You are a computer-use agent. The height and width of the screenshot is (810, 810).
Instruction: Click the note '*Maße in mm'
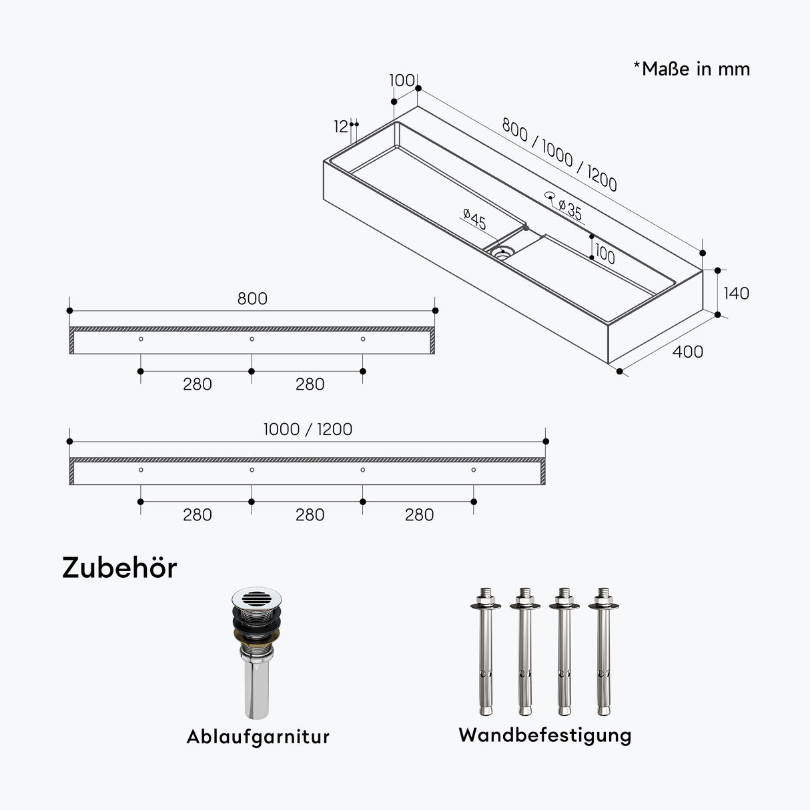[692, 69]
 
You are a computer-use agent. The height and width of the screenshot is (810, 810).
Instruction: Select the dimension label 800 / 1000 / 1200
[559, 155]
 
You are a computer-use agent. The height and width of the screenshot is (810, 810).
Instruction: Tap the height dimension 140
[736, 293]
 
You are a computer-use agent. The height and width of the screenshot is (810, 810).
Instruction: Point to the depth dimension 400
[687, 352]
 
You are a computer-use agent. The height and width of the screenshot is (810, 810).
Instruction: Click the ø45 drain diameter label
[474, 219]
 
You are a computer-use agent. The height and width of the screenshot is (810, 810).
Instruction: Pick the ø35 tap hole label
[570, 210]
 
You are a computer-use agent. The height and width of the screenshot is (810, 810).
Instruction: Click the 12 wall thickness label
[341, 126]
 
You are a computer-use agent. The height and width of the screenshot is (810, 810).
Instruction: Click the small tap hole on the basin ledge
[550, 195]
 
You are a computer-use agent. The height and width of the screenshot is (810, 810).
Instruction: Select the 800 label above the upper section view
[252, 298]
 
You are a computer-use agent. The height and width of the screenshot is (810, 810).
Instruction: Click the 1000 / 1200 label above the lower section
[308, 429]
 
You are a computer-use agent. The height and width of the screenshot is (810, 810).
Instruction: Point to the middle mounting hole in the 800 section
[252, 339]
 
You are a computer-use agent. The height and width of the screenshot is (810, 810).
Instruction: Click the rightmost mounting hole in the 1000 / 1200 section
[474, 470]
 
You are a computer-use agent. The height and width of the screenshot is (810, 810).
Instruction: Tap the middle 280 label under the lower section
[310, 514]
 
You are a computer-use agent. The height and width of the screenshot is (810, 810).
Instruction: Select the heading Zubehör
[119, 568]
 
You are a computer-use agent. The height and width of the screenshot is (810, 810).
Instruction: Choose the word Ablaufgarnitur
[258, 737]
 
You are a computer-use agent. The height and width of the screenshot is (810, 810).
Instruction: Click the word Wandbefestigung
[544, 735]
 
